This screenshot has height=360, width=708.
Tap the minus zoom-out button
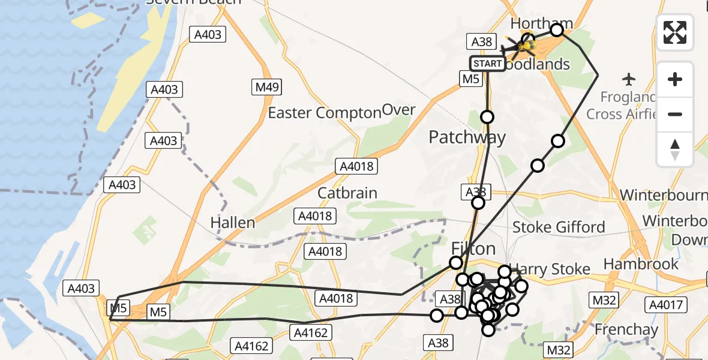point(675,114)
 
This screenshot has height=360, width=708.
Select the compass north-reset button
point(675,149)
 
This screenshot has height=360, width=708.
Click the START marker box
point(487,64)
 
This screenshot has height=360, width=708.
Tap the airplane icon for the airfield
point(629,79)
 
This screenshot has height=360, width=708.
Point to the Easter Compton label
point(325,113)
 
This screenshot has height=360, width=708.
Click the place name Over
point(398,110)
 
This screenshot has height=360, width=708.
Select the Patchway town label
point(467,137)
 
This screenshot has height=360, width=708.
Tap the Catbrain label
point(347,193)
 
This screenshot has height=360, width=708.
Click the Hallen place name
point(232,223)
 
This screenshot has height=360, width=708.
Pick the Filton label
point(473,248)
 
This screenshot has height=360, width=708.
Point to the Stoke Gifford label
point(559,227)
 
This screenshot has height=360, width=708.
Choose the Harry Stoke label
point(550,269)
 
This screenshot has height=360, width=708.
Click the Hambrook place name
point(641,264)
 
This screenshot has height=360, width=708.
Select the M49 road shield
point(265,88)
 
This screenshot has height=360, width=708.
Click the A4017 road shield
point(666,305)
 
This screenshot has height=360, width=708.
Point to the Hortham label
point(541,24)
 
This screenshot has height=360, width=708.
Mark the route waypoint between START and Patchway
point(487,117)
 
